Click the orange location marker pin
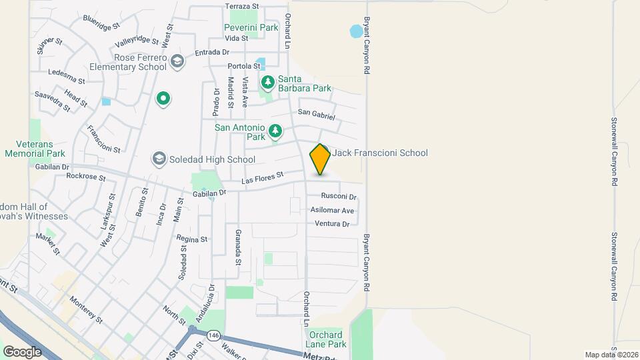pyautogui.click(x=320, y=159)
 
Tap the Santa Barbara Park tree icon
pyautogui.click(x=267, y=83)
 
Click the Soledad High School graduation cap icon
pyautogui.click(x=159, y=159)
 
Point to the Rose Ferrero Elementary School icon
pyautogui.click(x=177, y=61)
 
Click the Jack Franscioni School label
pyautogui.click(x=380, y=153)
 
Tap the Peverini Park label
pyautogui.click(x=251, y=28)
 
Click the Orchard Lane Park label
pyautogui.click(x=326, y=339)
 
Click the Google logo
pyautogui.click(x=22, y=351)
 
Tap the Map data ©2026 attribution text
pyautogui.click(x=610, y=354)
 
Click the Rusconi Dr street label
pyautogui.click(x=339, y=197)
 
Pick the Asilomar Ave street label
pyautogui.click(x=332, y=210)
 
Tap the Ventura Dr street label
pyautogui.click(x=332, y=224)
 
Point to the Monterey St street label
pyautogui.click(x=86, y=310)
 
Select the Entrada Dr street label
pyautogui.click(x=212, y=52)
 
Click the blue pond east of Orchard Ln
pyautogui.click(x=357, y=31)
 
